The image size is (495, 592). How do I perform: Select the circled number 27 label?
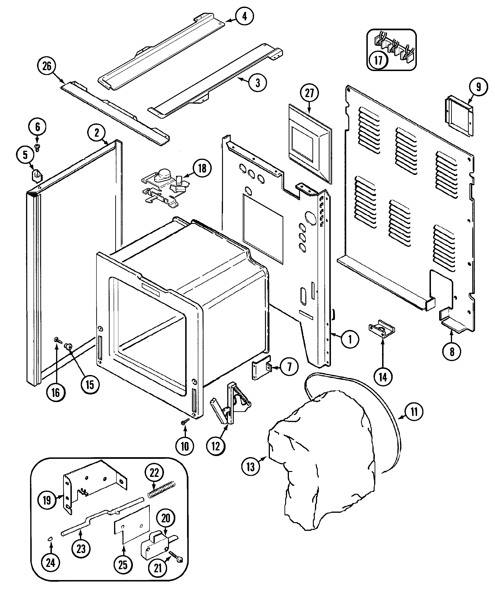click(309, 93)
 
